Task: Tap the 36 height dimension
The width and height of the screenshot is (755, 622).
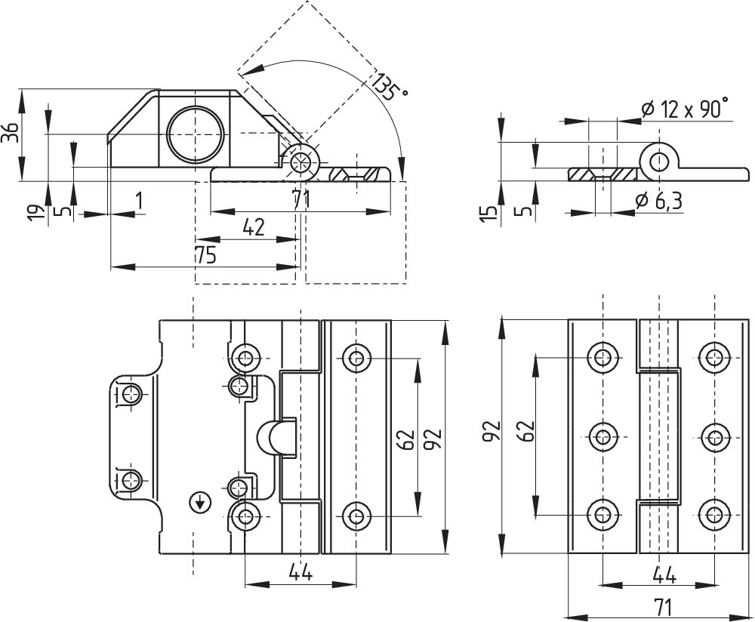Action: (11, 132)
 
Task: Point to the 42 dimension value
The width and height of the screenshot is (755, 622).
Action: (254, 228)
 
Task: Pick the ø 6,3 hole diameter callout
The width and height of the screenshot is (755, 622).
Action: (658, 201)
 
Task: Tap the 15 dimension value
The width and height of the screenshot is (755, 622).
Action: (488, 212)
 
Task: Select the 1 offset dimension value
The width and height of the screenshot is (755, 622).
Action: (139, 201)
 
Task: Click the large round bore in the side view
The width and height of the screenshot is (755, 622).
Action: (196, 134)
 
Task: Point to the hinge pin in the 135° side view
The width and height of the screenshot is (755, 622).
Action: (302, 162)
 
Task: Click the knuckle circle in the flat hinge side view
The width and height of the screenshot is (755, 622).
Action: (659, 162)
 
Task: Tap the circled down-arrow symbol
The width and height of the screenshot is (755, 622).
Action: (200, 503)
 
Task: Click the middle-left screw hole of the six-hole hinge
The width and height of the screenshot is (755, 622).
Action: (602, 436)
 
